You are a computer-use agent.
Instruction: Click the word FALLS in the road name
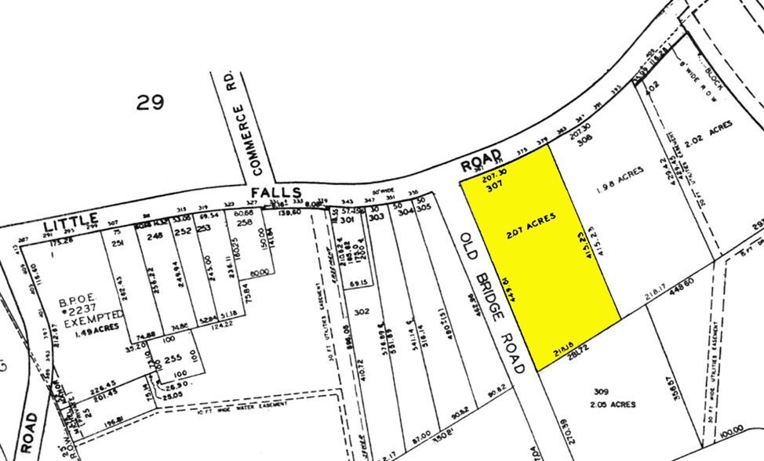[276, 193]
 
